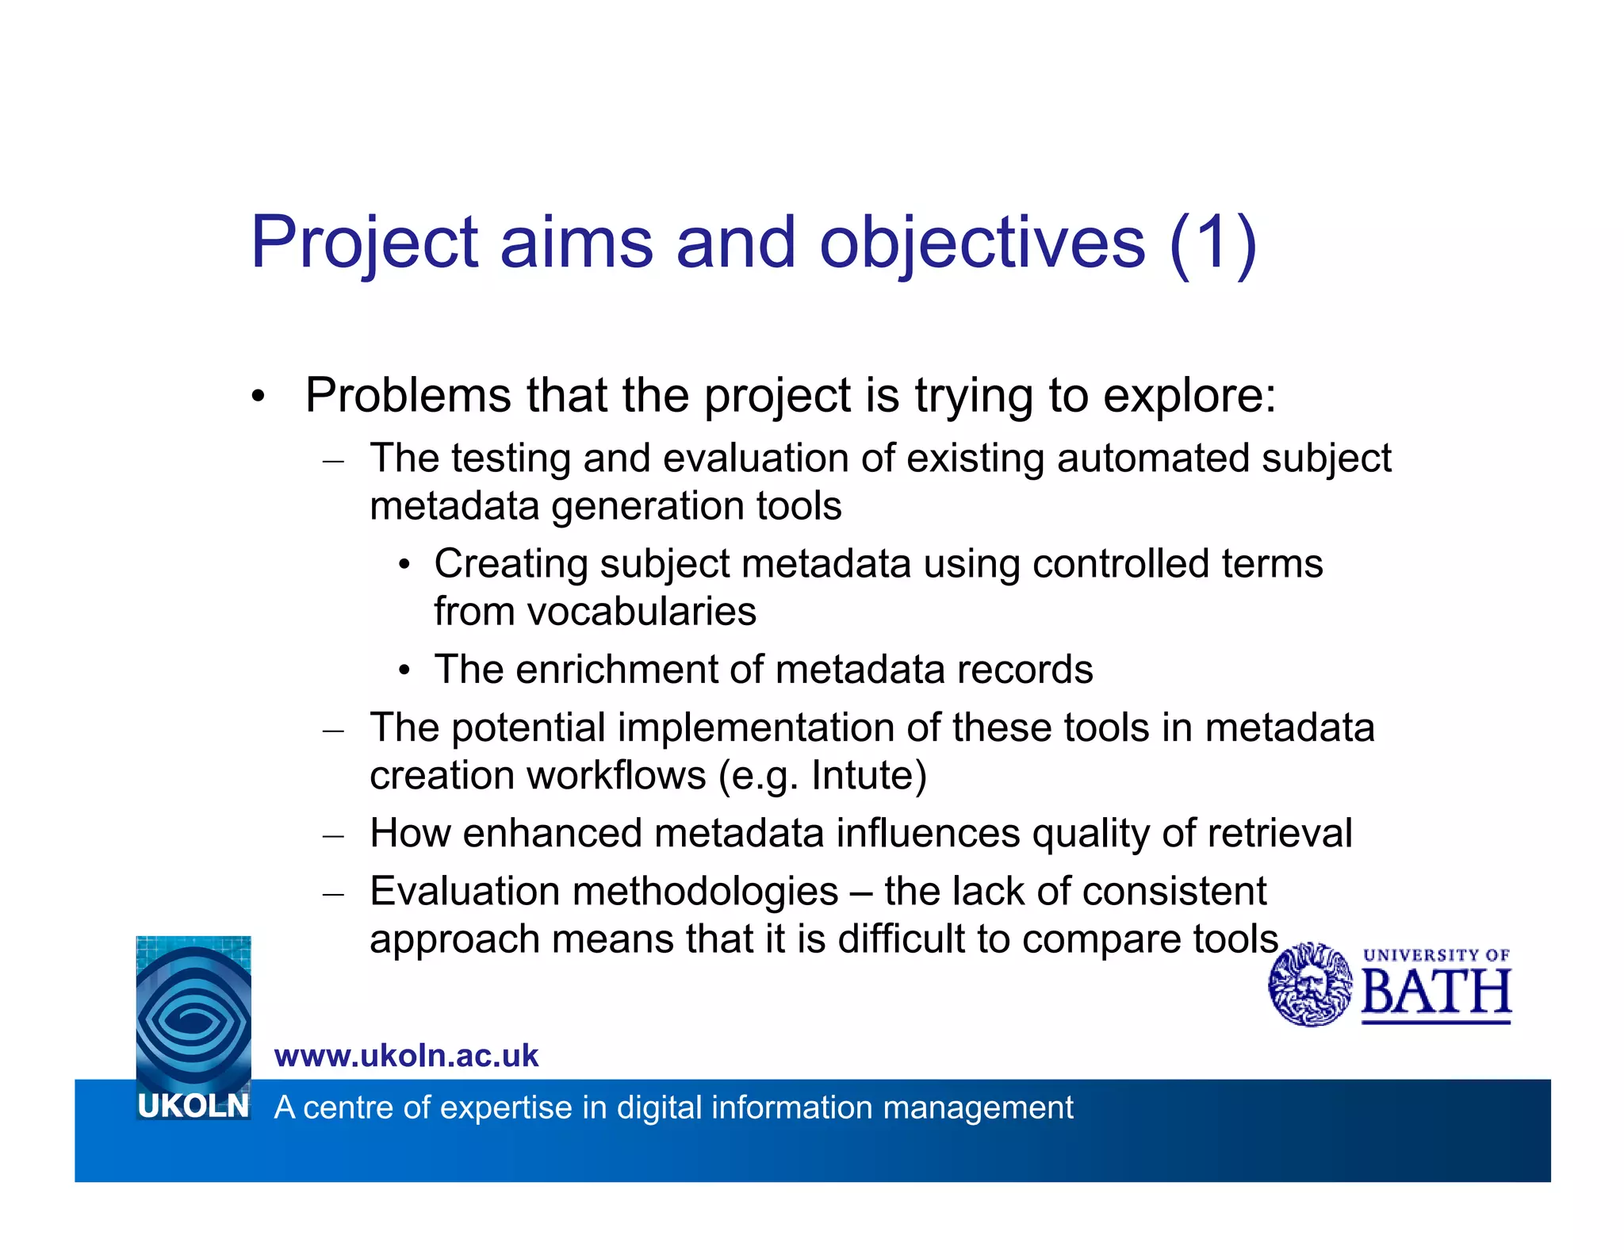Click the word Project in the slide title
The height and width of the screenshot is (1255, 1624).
pos(364,243)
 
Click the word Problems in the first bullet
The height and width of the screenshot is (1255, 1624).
pos(408,395)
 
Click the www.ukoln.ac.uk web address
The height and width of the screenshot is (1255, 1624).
pos(406,1056)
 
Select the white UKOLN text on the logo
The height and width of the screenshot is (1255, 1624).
pos(193,1106)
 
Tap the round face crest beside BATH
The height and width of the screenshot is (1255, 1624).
pos(1310,984)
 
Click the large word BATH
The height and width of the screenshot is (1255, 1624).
pos(1436,992)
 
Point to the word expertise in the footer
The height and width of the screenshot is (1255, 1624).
pos(506,1107)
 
